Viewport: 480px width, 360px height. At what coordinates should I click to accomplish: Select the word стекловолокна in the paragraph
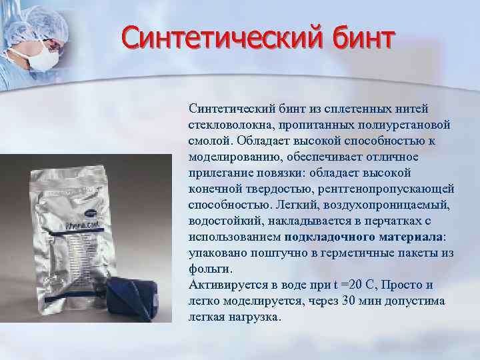[x=227, y=125]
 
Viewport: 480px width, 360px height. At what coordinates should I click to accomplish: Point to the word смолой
[x=211, y=141]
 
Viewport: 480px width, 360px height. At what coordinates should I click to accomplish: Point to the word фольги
[x=211, y=269]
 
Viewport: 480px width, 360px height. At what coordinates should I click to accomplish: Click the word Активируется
[x=226, y=285]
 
